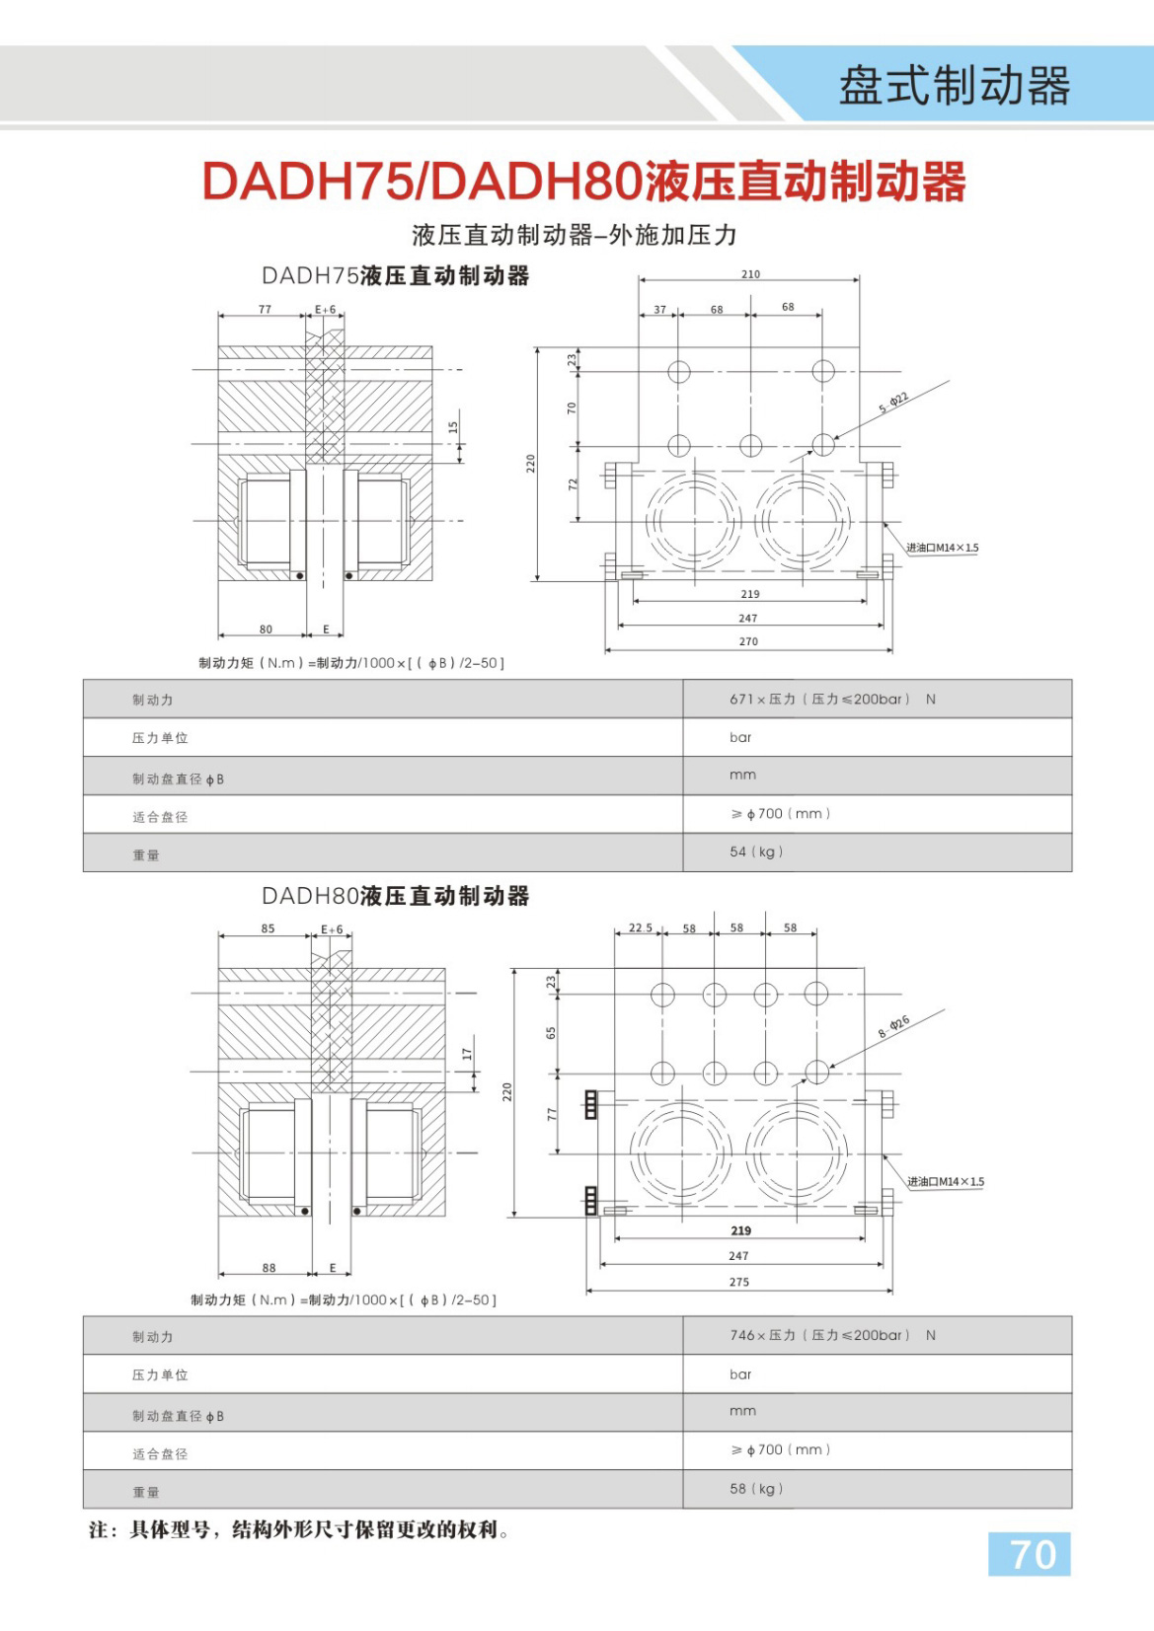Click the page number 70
[x=1033, y=1554]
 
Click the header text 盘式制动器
[x=955, y=86]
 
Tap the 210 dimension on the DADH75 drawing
[x=750, y=274]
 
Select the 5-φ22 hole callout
[x=893, y=402]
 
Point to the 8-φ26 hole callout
[x=893, y=1026]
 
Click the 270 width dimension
[x=748, y=641]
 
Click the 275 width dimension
[x=739, y=1282]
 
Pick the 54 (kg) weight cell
[x=756, y=852]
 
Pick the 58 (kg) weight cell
[x=756, y=1488]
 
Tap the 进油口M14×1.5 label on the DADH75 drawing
[x=942, y=548]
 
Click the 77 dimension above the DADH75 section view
[x=265, y=309]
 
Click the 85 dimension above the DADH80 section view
[x=268, y=928]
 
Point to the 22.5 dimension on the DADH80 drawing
[x=640, y=928]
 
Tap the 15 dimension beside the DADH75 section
[x=453, y=427]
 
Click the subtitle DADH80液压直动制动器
[x=395, y=896]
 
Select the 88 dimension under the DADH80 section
[x=269, y=1268]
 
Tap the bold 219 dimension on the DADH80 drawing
[x=741, y=1230]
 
